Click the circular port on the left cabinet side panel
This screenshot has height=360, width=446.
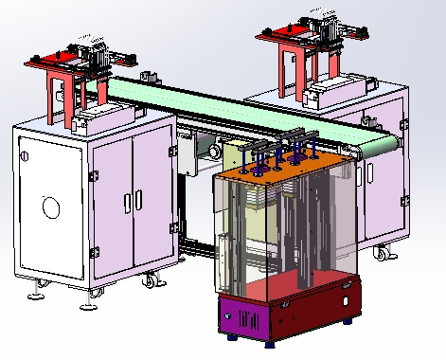pyautogui.click(x=49, y=206)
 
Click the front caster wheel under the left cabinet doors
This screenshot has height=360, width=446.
pyautogui.click(x=150, y=281)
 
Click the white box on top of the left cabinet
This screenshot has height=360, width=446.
pyautogui.click(x=93, y=120)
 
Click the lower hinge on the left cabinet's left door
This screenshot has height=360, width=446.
pyautogui.click(x=94, y=250)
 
